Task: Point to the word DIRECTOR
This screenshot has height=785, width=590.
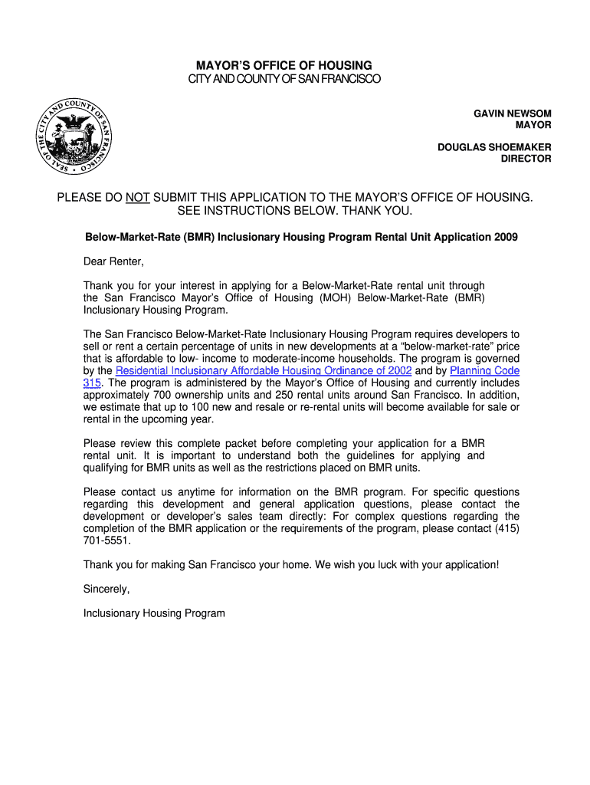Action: (526, 159)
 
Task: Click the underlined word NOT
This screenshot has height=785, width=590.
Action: (138, 198)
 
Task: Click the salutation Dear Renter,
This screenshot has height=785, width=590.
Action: (113, 262)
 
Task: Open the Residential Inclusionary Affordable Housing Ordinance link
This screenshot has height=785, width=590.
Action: (264, 371)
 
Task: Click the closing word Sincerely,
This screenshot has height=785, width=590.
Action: (107, 590)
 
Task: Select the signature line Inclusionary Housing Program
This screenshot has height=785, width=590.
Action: (154, 613)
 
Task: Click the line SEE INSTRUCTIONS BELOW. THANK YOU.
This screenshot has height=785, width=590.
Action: (295, 211)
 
